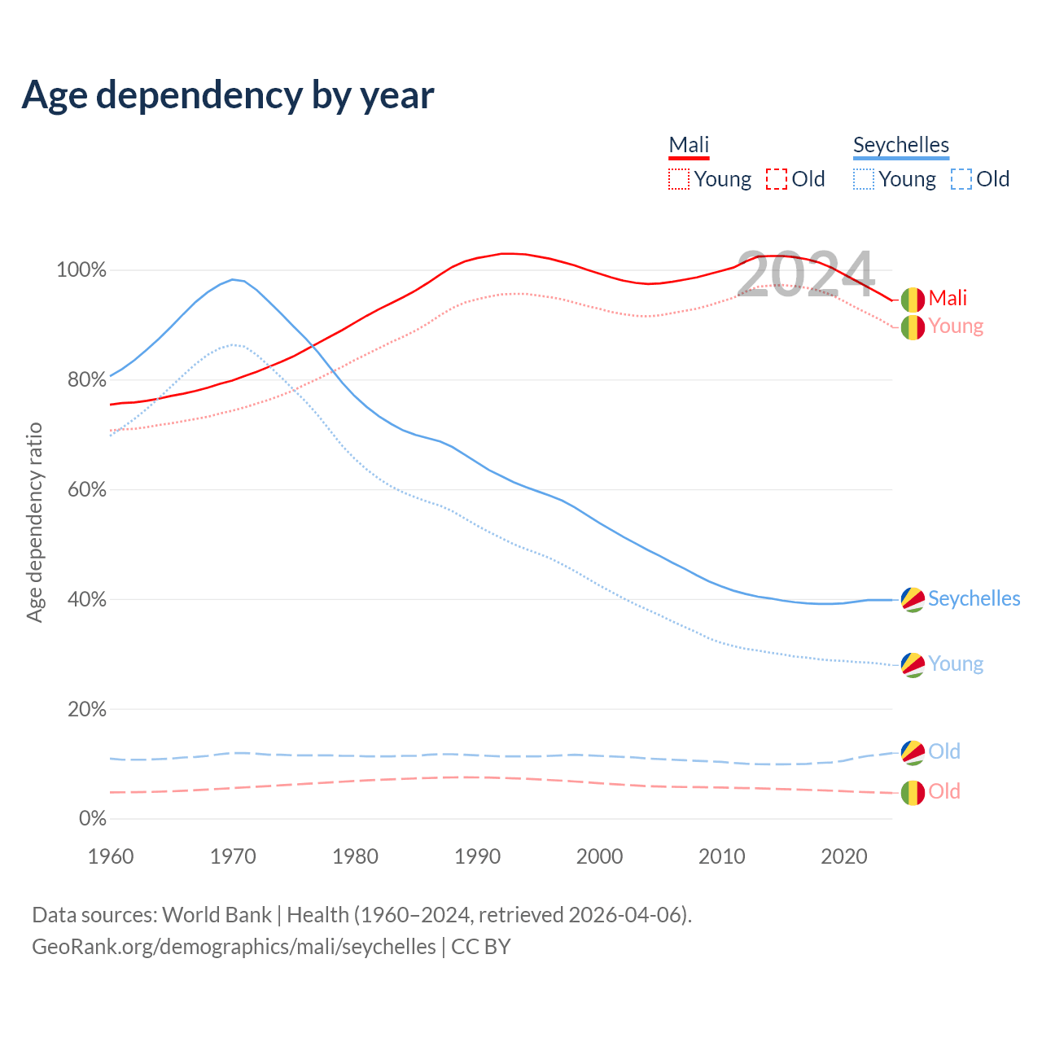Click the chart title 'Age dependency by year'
tap(228, 95)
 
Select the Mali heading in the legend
tap(689, 146)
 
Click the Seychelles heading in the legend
tap(900, 146)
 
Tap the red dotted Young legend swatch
tap(679, 179)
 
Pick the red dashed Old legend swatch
tap(777, 179)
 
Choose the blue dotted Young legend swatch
tap(864, 179)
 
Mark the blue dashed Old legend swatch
tap(961, 179)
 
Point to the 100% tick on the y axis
tap(81, 270)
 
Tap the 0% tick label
tap(92, 819)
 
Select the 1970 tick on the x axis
tap(233, 856)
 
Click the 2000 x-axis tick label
tap(600, 856)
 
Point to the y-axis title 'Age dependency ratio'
tap(34, 522)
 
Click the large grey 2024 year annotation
tap(805, 274)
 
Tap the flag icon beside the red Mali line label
tap(913, 300)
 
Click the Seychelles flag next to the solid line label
tap(913, 599)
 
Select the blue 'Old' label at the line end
tap(944, 751)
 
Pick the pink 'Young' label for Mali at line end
tap(956, 326)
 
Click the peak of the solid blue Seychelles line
tap(233, 279)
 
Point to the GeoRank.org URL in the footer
tap(234, 947)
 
